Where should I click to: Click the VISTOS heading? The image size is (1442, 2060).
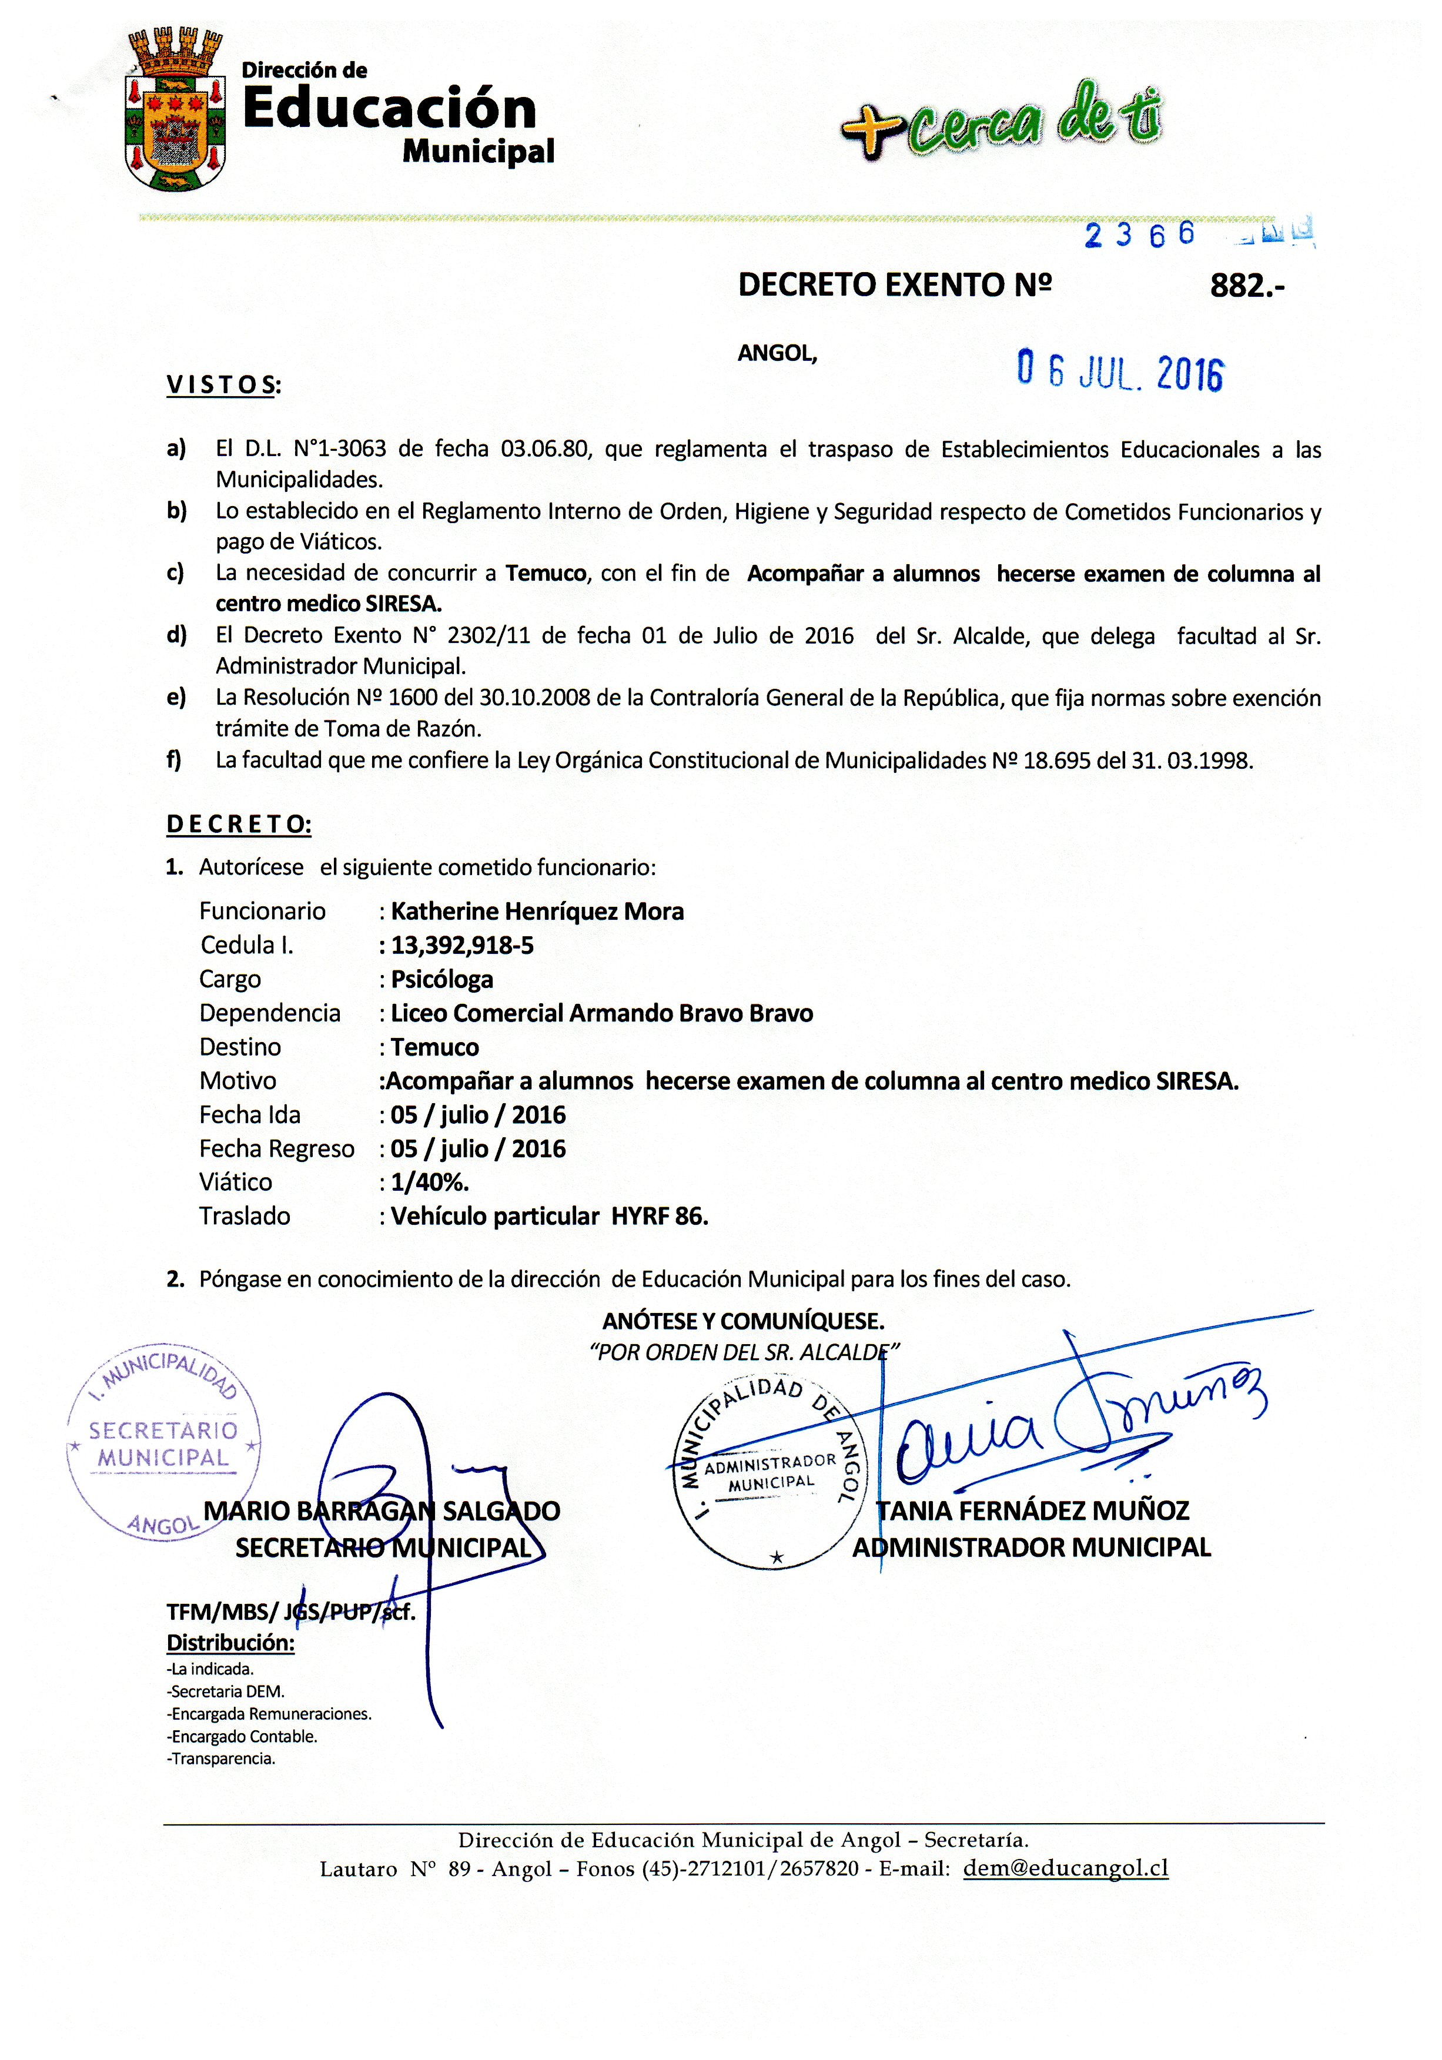223,386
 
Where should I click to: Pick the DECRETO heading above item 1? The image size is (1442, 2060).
239,825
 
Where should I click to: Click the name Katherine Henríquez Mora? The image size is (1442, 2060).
537,912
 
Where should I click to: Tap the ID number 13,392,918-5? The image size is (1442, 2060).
462,946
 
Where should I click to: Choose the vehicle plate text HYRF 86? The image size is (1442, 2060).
660,1217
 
